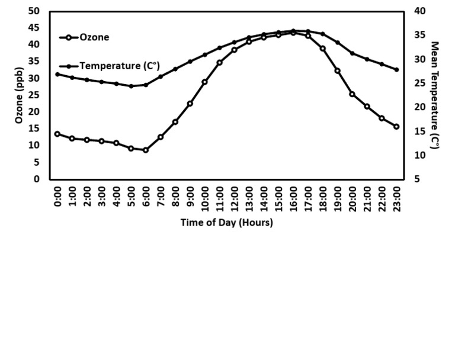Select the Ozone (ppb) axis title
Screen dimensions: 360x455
tap(19, 95)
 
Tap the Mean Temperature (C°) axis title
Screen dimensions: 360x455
tap(435, 95)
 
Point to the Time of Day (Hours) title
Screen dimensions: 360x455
tap(226, 223)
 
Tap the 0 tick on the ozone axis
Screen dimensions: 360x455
tap(38, 179)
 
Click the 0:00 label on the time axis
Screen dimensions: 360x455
tap(57, 196)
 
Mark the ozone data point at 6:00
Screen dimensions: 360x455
tap(146, 150)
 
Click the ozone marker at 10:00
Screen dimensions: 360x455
tap(205, 82)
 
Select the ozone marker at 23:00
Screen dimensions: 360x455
tap(396, 127)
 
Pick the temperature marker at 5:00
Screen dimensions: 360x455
tap(131, 86)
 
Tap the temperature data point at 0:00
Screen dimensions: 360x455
tap(57, 74)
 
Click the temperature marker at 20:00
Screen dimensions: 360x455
tap(353, 53)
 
